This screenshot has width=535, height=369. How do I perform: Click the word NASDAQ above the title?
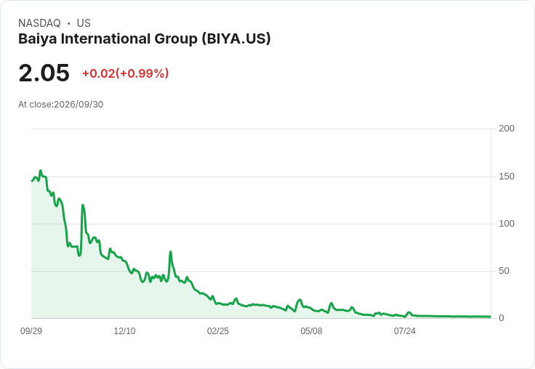39,23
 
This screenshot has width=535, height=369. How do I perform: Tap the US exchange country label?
84,23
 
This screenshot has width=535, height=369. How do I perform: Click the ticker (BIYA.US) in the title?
236,39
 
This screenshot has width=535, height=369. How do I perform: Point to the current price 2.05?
44,73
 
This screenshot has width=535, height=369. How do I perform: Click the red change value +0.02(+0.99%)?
126,73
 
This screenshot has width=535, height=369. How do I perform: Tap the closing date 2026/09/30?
79,105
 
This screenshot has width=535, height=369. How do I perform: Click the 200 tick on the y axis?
507,129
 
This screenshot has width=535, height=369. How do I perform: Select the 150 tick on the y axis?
507,177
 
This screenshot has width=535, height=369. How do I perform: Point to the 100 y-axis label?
507,224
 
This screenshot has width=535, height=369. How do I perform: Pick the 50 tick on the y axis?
504,271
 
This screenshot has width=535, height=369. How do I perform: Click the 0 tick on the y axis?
502,318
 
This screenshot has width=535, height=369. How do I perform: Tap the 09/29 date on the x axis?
31,331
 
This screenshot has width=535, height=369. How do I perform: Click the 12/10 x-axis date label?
124,331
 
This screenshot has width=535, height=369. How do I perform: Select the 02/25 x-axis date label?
217,331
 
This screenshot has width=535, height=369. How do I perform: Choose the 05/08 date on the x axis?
311,331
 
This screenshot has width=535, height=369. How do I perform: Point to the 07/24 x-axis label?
405,331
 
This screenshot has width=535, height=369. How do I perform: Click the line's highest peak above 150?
41,170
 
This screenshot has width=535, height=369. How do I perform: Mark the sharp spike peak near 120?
83,205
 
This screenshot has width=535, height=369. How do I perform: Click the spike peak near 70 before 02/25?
170,251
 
